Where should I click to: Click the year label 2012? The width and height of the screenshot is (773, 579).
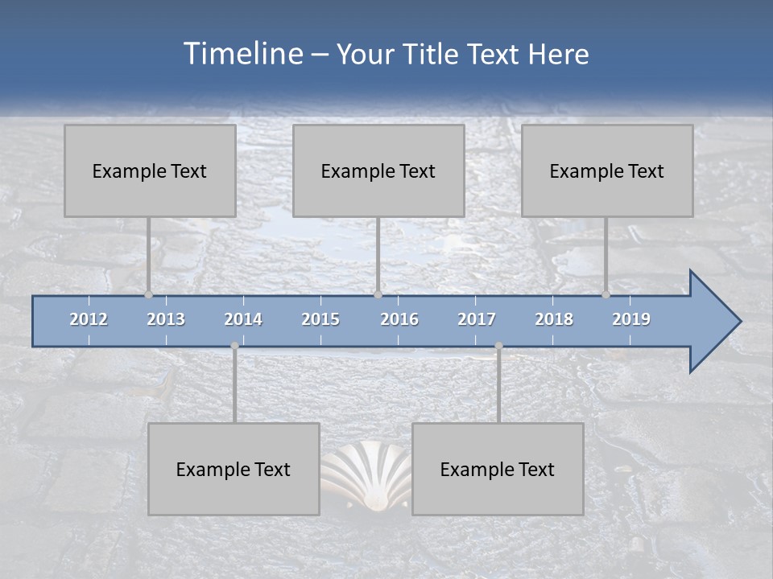pyautogui.click(x=89, y=319)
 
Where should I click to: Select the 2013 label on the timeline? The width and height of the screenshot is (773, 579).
pyautogui.click(x=166, y=319)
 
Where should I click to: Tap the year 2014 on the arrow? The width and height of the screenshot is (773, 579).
pyautogui.click(x=243, y=319)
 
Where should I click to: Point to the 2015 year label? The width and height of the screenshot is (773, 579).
pyautogui.click(x=320, y=319)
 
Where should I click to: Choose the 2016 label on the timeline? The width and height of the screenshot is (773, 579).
pyautogui.click(x=399, y=319)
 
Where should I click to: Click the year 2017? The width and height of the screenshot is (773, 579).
pyautogui.click(x=477, y=319)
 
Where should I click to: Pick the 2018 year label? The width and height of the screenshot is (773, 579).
pyautogui.click(x=554, y=319)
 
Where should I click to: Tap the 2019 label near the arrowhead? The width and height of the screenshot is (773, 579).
pyautogui.click(x=631, y=319)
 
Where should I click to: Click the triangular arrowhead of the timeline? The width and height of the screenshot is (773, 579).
pyautogui.click(x=713, y=322)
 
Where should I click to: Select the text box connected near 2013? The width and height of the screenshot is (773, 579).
pyautogui.click(x=150, y=170)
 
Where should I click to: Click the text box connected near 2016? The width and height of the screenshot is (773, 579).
pyautogui.click(x=378, y=170)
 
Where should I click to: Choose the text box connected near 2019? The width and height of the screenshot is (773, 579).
pyautogui.click(x=607, y=170)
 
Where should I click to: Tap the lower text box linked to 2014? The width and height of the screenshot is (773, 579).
pyautogui.click(x=234, y=469)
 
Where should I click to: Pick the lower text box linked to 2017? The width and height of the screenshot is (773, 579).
pyautogui.click(x=498, y=469)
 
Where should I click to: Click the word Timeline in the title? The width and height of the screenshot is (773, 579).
pyautogui.click(x=243, y=54)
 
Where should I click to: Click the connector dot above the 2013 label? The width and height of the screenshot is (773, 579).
pyautogui.click(x=148, y=294)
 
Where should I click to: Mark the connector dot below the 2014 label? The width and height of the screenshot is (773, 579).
pyautogui.click(x=234, y=346)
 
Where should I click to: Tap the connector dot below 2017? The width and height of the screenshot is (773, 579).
pyautogui.click(x=498, y=346)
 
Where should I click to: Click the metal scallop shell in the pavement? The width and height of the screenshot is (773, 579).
pyautogui.click(x=366, y=478)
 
